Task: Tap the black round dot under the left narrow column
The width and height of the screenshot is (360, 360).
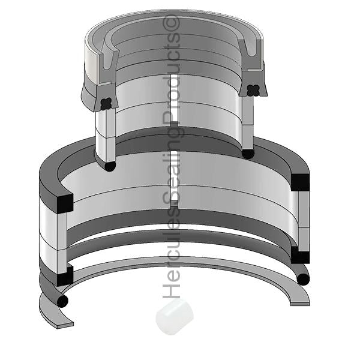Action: point(109,166)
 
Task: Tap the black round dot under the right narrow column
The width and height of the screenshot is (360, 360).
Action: point(247,154)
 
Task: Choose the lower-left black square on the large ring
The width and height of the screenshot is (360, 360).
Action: point(64,277)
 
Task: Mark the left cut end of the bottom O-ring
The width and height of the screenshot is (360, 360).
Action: point(62,301)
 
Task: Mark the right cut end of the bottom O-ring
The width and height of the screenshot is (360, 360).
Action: point(303,278)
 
